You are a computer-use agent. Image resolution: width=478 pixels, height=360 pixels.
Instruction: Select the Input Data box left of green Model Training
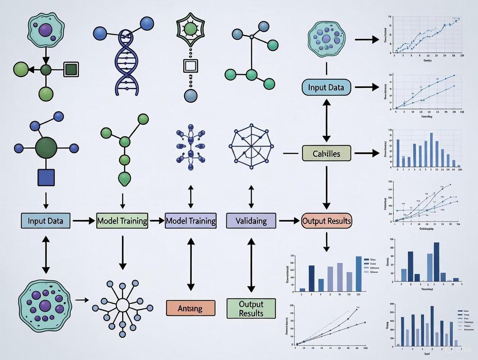(45, 221)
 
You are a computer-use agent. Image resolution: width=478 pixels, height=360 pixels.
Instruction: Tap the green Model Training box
(122, 221)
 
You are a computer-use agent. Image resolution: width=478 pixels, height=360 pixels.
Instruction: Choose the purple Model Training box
(191, 221)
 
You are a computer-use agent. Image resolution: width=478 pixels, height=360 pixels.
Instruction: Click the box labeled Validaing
(251, 221)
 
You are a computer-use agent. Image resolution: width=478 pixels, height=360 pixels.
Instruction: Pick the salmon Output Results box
(326, 221)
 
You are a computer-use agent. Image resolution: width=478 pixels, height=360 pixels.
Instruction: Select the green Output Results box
(251, 308)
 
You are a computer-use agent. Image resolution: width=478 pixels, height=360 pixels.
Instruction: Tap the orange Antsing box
(191, 308)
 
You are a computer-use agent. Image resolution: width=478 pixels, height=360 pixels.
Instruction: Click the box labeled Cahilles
(326, 153)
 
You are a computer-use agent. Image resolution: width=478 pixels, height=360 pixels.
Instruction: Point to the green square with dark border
(71, 69)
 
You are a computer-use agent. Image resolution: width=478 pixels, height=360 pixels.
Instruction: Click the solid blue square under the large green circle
(46, 177)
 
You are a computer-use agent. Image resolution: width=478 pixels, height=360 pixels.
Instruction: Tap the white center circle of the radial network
(123, 305)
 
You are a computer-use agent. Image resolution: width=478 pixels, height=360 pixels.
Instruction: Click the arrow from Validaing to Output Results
(289, 221)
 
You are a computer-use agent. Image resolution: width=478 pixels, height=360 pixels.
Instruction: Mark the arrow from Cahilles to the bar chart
(366, 153)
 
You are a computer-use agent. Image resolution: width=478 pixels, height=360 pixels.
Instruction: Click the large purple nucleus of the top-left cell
(45, 31)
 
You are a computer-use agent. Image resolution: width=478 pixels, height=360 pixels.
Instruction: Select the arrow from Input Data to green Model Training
(83, 221)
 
